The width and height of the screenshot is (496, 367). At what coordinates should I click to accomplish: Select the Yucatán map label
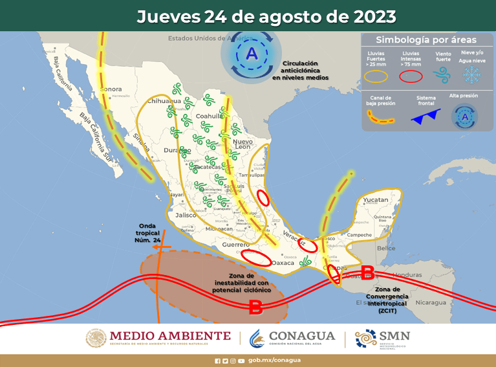pos(376,200)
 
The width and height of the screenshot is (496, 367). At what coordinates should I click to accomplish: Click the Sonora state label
pos(113,89)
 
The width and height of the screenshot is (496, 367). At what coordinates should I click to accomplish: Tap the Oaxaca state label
pos(283,263)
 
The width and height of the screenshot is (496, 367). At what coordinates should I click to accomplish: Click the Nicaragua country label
pos(430,302)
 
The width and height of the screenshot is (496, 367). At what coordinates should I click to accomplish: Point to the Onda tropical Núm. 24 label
pos(147,233)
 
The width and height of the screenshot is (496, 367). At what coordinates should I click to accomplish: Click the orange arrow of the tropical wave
pos(162,247)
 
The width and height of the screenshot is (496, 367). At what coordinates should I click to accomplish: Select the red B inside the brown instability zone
pos(255,307)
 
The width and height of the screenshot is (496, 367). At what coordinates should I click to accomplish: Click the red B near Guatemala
pos(367,271)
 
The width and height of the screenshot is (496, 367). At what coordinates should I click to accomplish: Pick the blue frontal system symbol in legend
pos(426,117)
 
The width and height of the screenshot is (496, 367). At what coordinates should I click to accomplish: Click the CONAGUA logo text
pos(303,336)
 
